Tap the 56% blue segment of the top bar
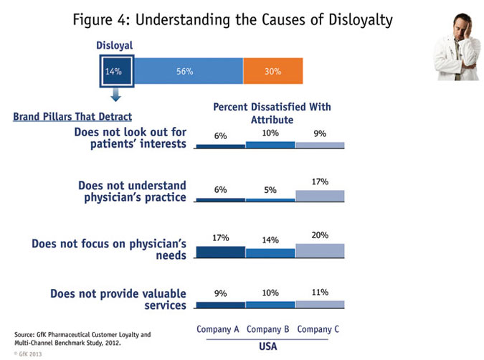tap(188, 72)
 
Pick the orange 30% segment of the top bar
tap(272, 72)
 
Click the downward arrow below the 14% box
tap(115, 96)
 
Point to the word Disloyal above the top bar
tap(115, 46)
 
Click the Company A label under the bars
tap(219, 329)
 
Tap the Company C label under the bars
tap(320, 329)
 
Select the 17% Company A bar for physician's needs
tap(220, 252)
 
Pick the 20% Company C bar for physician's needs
tap(320, 250)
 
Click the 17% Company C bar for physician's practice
tap(320, 196)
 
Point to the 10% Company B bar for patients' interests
tap(270, 144)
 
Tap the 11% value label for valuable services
tap(320, 291)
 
